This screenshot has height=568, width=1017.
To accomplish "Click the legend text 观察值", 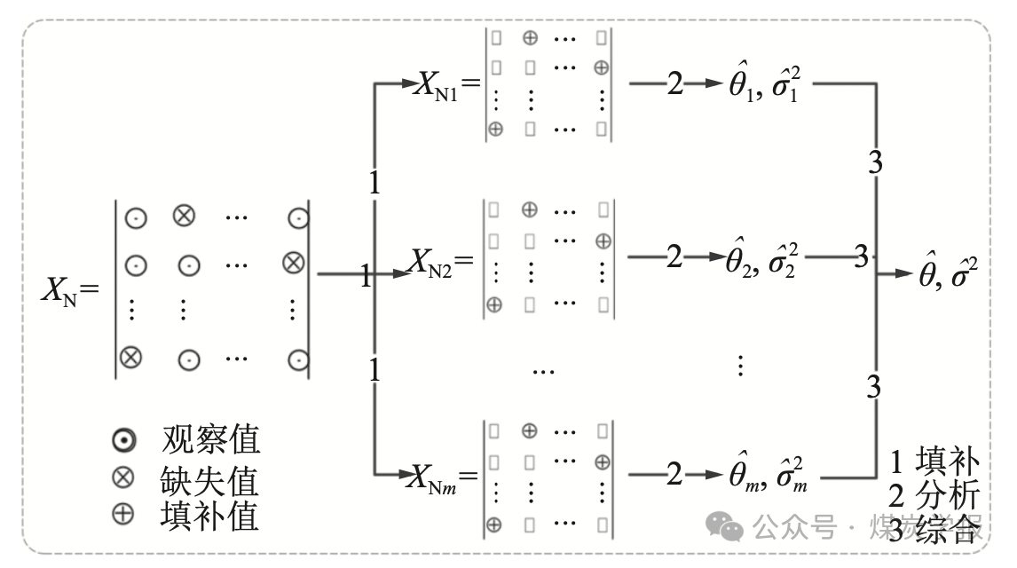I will [210, 438].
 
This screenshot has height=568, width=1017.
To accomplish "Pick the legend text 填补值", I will [210, 516].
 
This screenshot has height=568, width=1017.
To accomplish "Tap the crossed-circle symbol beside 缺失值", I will [123, 479].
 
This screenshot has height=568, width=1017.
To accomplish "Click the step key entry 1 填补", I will [935, 462].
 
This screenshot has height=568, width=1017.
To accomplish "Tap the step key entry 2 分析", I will [935, 494].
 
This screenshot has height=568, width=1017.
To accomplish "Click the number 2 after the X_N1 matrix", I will [675, 84].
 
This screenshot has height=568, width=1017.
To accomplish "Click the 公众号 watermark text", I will [793, 529].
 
